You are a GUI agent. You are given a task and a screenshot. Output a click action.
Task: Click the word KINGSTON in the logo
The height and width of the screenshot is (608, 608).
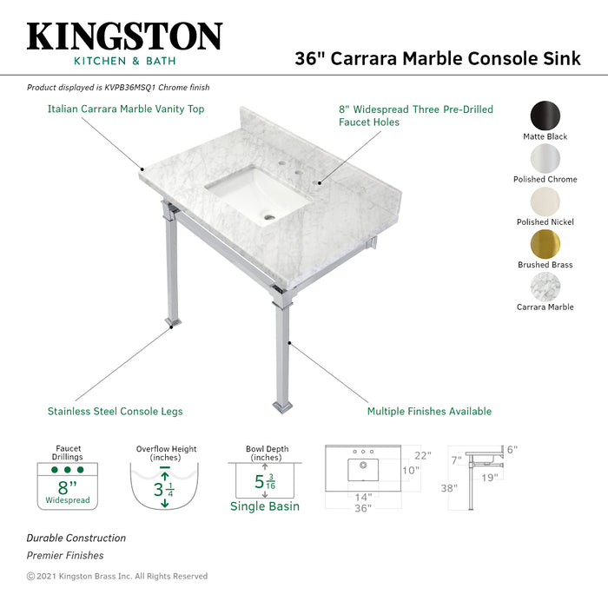click(x=124, y=36)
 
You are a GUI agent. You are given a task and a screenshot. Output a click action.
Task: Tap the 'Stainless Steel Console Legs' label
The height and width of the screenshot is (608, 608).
click(x=115, y=411)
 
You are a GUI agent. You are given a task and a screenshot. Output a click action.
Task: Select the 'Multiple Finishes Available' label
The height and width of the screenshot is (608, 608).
click(x=429, y=411)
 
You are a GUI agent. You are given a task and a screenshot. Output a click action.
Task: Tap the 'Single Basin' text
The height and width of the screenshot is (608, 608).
click(x=264, y=506)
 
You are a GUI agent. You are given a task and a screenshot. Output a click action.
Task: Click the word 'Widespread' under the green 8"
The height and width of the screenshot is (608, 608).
click(x=67, y=501)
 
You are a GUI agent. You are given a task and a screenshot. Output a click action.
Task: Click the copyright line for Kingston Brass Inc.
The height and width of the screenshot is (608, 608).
click(x=117, y=576)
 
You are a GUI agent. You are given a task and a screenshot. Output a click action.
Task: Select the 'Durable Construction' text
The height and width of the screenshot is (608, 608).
click(x=76, y=538)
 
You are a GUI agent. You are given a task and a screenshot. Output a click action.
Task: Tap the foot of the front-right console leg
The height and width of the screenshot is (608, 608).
click(x=283, y=406)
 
